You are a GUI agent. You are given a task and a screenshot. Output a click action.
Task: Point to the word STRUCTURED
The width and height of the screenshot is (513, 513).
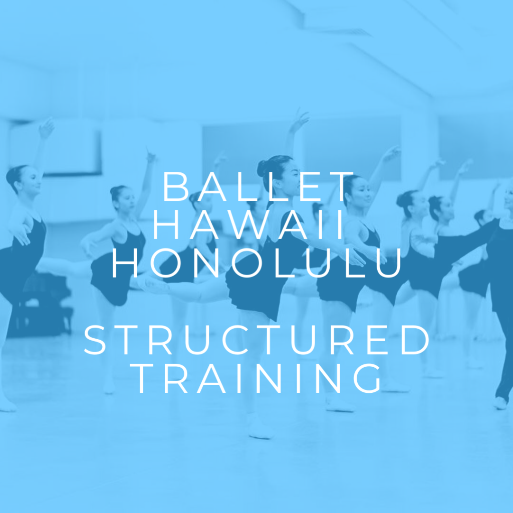click(x=257, y=341)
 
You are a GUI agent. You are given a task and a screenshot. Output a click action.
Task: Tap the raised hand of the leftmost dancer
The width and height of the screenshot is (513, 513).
click(x=47, y=128)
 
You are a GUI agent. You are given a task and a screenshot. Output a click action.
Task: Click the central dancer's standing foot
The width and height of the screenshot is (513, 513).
click(x=261, y=431)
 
